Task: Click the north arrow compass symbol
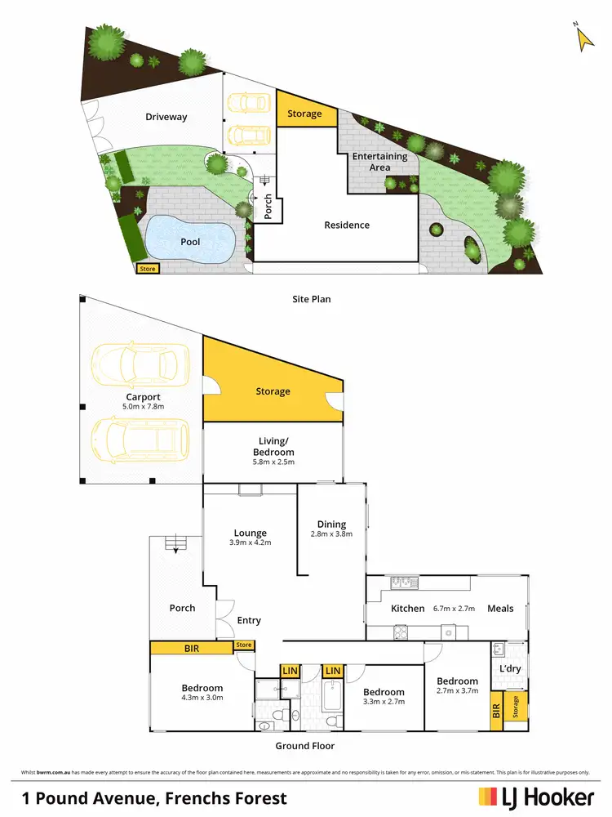(583, 38)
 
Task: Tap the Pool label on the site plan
(190, 242)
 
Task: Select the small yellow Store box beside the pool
(148, 268)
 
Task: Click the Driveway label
(166, 117)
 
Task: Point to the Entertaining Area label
(379, 162)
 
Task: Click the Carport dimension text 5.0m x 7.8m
(143, 407)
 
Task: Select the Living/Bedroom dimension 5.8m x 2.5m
(273, 462)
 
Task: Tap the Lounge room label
(249, 533)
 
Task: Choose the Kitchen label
(407, 608)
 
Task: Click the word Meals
(500, 608)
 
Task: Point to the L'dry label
(509, 669)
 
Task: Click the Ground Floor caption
(304, 746)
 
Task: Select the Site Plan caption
(312, 299)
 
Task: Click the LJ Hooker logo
(535, 797)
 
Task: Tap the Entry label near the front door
(249, 621)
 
